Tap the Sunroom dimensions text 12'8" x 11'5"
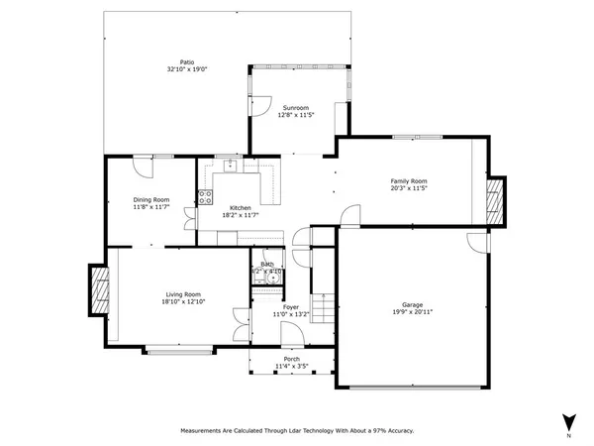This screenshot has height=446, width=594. point(296,115)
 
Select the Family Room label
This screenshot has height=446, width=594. point(408,180)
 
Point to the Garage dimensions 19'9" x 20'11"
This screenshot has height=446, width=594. point(411,312)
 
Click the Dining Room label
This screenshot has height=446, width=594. point(151,200)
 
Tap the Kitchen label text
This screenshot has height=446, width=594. point(241,207)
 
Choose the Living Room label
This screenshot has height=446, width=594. point(183,293)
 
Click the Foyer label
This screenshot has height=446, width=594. point(291,307)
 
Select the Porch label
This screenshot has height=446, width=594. point(290,359)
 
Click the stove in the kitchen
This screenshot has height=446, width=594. point(206,196)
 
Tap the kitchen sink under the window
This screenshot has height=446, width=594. point(229,166)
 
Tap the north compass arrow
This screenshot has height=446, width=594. point(568,421)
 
